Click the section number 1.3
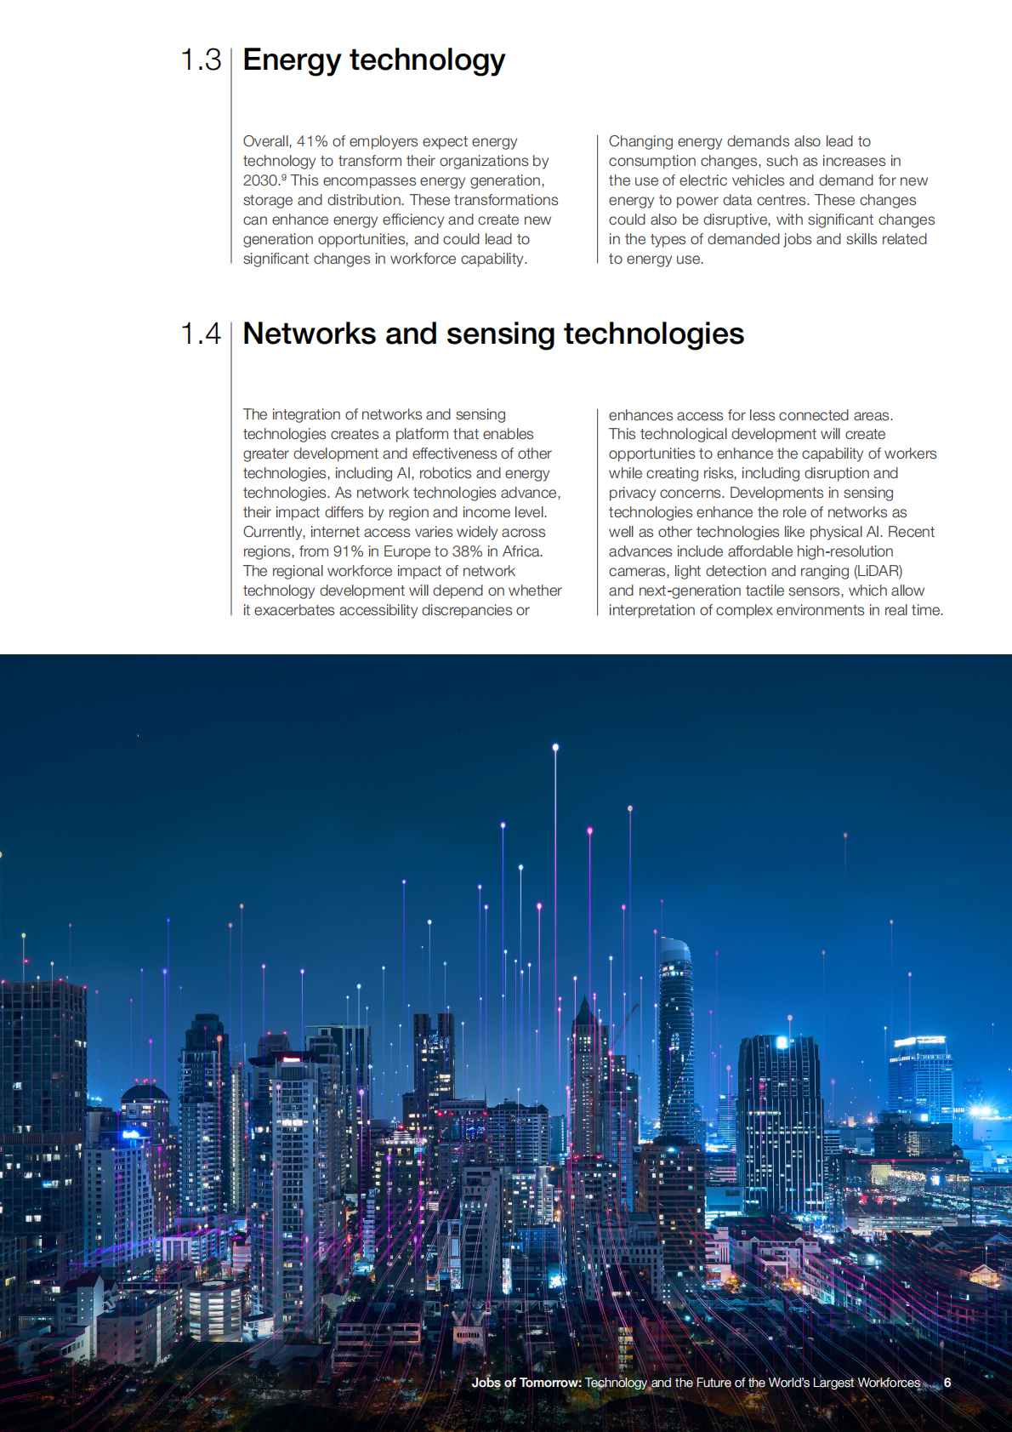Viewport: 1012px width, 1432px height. pos(201,60)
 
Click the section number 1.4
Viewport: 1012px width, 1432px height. pos(201,334)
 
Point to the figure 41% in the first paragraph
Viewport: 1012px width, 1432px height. pos(312,141)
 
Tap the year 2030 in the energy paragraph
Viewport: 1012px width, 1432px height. pos(259,180)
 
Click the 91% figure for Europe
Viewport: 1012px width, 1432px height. pos(348,551)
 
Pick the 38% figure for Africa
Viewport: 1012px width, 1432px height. pos(467,551)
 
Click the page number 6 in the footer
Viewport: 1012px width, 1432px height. pos(947,1383)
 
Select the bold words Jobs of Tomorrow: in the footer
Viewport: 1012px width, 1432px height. pos(526,1383)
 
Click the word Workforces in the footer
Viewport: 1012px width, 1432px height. pos(889,1383)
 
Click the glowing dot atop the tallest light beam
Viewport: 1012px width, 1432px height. pos(555,748)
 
